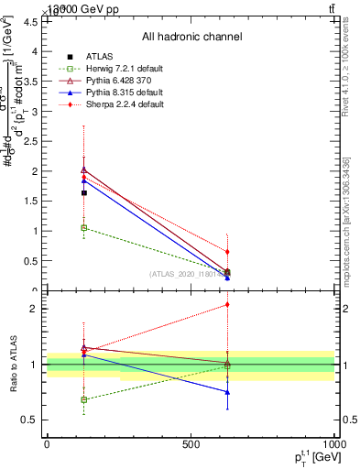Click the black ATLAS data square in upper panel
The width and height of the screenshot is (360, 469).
pos(84,192)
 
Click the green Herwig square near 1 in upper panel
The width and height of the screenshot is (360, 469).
pos(84,227)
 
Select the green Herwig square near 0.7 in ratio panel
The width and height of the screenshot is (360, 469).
pos(84,399)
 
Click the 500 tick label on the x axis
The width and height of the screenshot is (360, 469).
pos(191,443)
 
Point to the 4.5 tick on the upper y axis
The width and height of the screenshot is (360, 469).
pos(33,22)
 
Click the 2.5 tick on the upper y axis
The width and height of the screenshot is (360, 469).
pos(33,142)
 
